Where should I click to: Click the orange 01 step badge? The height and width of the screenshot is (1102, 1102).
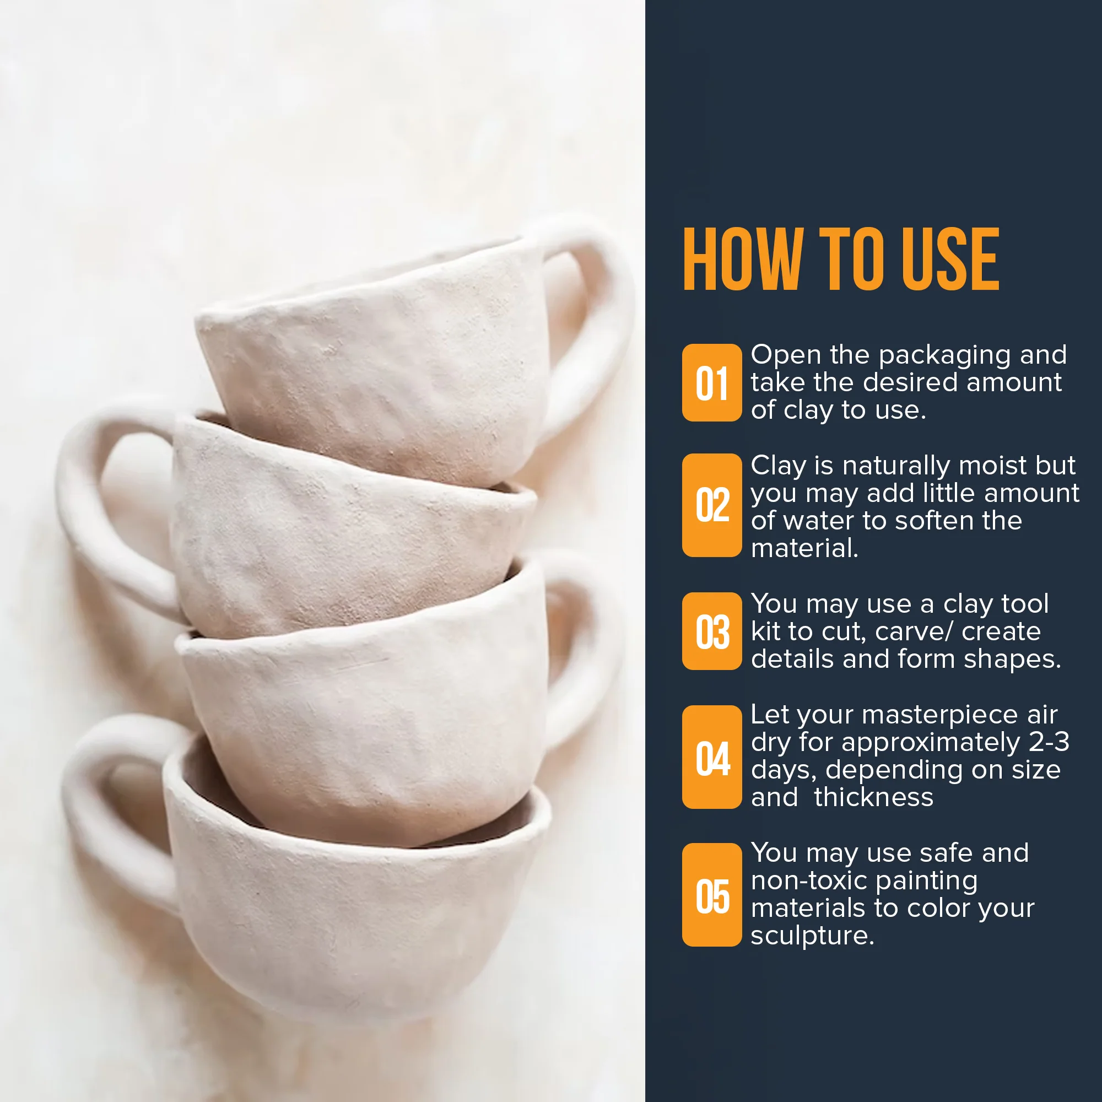(712, 383)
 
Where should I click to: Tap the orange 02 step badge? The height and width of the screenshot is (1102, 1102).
(712, 505)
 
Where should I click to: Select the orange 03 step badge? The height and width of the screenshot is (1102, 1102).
(712, 631)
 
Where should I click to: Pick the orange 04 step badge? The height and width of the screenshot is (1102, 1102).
(712, 757)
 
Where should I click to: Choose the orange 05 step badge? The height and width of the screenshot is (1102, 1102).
(712, 895)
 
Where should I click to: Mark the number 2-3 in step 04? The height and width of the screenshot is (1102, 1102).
(1049, 742)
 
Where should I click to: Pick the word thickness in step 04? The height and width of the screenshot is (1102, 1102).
(873, 797)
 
